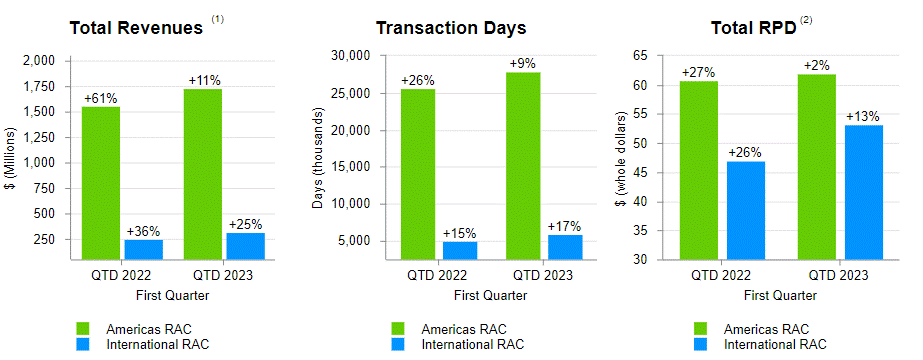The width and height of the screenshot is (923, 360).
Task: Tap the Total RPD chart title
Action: pyautogui.click(x=751, y=27)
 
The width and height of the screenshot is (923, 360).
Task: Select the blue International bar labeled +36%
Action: pyautogui.click(x=143, y=249)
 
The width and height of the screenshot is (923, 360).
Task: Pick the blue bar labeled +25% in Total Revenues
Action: pyautogui.click(x=246, y=245)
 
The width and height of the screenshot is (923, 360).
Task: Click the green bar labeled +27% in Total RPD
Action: pyautogui.click(x=699, y=170)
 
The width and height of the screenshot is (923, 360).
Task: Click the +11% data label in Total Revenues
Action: pyautogui.click(x=204, y=80)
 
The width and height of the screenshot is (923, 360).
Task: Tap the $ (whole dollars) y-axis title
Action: pyautogui.click(x=621, y=158)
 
